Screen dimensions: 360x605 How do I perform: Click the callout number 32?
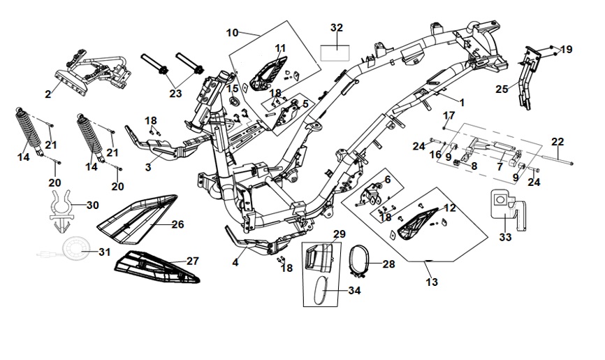point(337,28)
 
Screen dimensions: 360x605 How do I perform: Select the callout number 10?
point(233,32)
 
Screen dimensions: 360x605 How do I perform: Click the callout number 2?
point(48,94)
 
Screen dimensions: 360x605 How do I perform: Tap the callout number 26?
point(177,224)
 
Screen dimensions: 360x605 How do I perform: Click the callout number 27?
point(193,261)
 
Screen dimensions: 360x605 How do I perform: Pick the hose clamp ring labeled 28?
point(361,262)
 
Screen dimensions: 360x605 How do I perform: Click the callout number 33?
point(505,237)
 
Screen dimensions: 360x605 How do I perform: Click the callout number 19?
point(566,50)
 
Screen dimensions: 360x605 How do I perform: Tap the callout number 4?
point(235,263)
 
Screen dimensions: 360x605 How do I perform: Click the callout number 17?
point(449,115)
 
